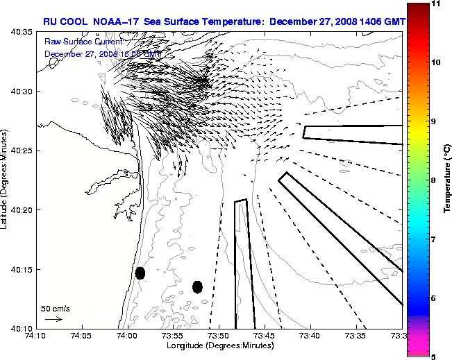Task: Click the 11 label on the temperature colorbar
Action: (x=435, y=4)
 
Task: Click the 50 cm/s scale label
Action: (x=55, y=309)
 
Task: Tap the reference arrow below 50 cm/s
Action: (x=53, y=319)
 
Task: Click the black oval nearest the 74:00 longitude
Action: (x=140, y=273)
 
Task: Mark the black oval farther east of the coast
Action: (x=197, y=286)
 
